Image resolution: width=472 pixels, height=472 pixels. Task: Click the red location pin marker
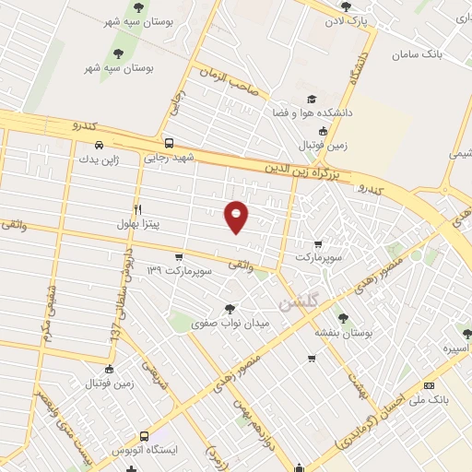237,215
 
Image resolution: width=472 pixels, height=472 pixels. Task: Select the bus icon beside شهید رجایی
168,143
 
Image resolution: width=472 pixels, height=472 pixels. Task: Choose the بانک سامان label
417,55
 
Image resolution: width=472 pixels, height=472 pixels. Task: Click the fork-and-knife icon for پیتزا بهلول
138,208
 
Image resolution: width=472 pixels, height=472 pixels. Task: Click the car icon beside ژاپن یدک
98,144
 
